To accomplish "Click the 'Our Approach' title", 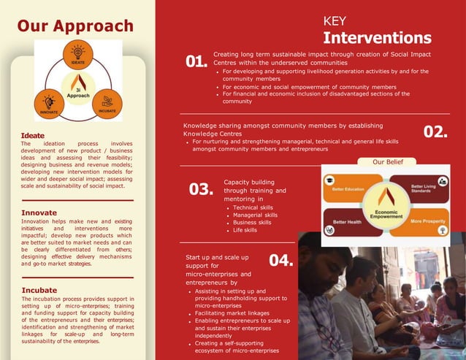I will [75, 26].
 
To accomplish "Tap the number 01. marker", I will [196, 63].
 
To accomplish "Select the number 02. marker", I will [435, 132].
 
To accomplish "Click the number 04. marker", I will [281, 261].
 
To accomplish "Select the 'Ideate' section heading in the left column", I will [33, 136].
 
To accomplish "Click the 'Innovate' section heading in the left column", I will [39, 213].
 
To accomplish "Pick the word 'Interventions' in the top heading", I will [377, 38].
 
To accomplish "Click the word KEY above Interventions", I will [335, 21].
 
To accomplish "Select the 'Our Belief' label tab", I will [388, 162].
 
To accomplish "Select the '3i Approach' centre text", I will [78, 92].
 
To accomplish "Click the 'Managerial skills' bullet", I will [255, 215].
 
